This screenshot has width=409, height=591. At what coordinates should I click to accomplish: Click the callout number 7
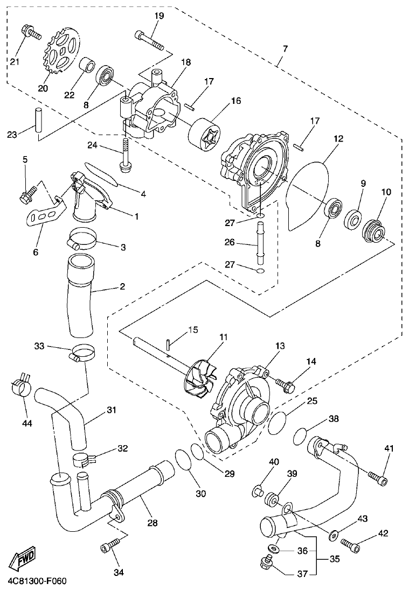(285, 50)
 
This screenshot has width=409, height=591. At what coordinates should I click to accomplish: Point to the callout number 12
(338, 138)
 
